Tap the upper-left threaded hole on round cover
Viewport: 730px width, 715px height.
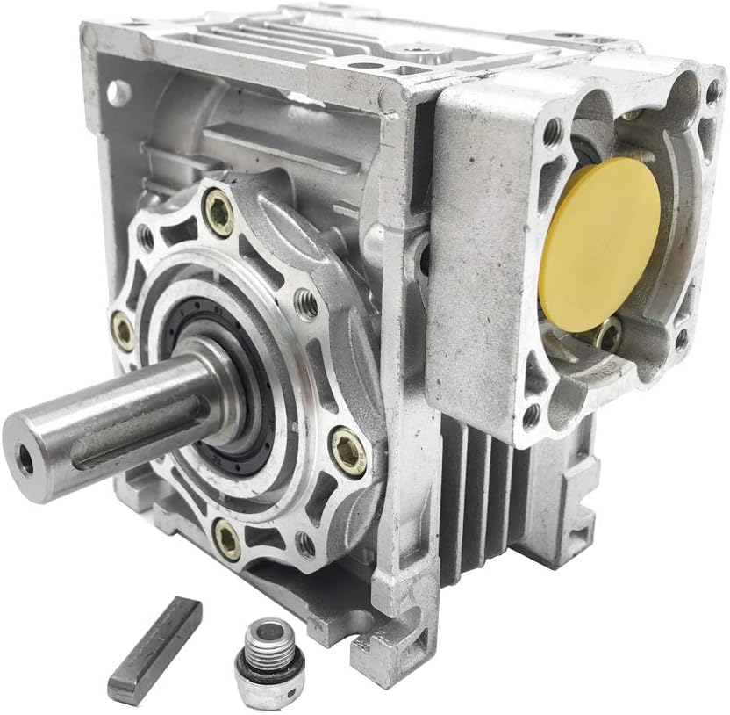(146, 236)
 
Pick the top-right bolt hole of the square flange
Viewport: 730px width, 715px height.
(713, 90)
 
